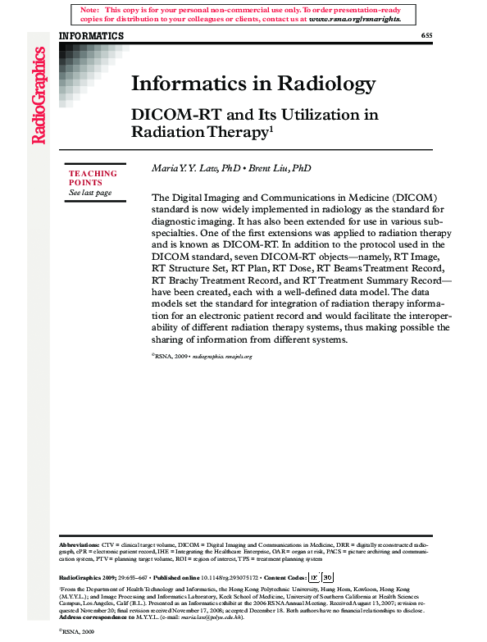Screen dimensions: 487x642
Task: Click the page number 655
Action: point(426,36)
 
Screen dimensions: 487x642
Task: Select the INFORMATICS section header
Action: point(92,36)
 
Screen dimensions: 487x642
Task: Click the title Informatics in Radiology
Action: point(253,83)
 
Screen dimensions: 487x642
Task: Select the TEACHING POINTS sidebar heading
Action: point(93,178)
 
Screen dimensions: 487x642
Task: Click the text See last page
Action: point(90,193)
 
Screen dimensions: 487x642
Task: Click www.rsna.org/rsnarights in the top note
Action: point(355,17)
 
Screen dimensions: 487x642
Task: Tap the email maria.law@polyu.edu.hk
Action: point(213,617)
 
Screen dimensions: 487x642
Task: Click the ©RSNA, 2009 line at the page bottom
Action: point(77,634)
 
